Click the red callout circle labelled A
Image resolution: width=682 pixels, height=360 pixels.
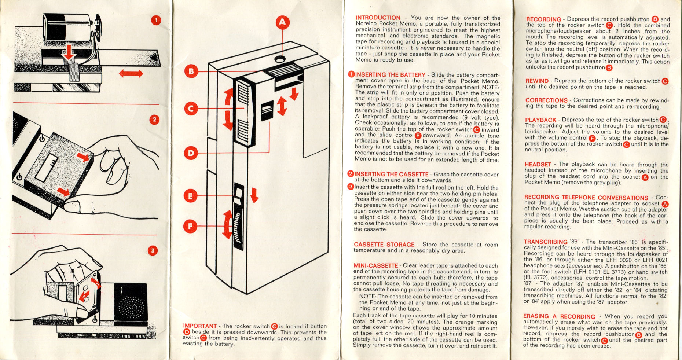point(282,22)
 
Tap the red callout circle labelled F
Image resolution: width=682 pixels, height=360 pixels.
point(190,226)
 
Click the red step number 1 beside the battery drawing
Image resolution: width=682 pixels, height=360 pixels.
point(156,20)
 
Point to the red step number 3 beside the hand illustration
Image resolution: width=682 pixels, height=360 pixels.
point(153,251)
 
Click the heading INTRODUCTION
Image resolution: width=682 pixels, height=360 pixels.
point(378,18)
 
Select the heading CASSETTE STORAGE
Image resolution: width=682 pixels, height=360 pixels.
point(384,245)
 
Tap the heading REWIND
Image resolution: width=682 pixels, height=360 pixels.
point(537,81)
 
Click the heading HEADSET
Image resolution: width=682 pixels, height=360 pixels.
point(538,165)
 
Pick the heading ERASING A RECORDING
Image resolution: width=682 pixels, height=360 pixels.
point(559,316)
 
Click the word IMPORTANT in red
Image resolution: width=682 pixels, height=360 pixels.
point(200,326)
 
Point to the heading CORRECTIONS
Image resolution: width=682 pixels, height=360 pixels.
point(546,100)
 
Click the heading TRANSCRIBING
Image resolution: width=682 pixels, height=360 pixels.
point(545,242)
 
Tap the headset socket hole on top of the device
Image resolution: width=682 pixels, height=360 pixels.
point(280,59)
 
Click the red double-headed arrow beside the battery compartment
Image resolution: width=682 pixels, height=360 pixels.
point(131,74)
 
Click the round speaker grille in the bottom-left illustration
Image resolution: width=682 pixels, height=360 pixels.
point(131,305)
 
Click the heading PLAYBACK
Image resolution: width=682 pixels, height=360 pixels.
point(540,120)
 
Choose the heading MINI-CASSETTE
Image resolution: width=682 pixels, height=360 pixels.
point(375,265)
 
